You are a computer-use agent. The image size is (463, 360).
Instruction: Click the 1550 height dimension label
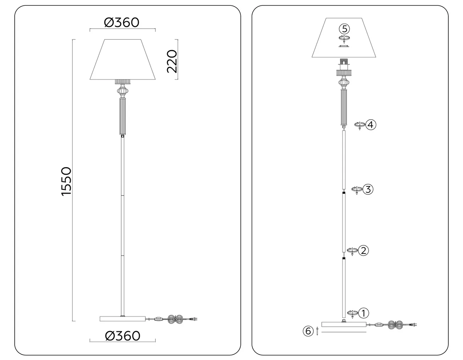[x=66, y=181]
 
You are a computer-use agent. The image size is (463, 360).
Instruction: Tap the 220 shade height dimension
[x=172, y=61]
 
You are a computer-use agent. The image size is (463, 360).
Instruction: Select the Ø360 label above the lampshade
[x=122, y=22]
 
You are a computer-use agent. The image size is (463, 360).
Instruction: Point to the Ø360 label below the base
[x=123, y=336]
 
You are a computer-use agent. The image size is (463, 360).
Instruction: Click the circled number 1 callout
[x=363, y=313]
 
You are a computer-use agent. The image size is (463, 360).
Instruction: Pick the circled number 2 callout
[x=363, y=250]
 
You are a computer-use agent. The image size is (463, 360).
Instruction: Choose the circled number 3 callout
[x=368, y=189]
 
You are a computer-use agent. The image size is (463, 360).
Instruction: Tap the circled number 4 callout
[x=371, y=125]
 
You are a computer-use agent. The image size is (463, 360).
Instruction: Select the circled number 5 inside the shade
[x=345, y=29]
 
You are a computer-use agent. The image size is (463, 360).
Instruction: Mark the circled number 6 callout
[x=308, y=331]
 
